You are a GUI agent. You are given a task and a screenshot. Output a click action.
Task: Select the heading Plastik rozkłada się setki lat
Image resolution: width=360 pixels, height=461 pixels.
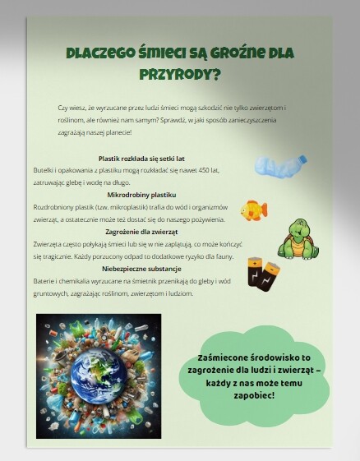(x=142, y=158)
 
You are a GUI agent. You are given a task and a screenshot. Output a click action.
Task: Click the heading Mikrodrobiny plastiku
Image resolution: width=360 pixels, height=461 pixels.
(x=142, y=195)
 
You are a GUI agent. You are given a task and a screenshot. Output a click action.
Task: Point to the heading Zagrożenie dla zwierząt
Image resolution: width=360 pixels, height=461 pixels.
(x=142, y=232)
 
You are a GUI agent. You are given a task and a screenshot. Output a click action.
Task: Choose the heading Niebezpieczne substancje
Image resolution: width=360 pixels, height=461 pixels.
(x=142, y=269)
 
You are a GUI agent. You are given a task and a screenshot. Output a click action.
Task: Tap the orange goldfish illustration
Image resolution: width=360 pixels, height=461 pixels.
(x=253, y=210)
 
